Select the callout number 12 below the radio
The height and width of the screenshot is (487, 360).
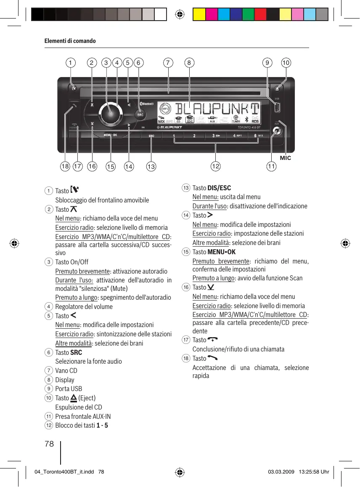[x=215, y=167]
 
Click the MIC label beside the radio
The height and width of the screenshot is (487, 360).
[x=286, y=158]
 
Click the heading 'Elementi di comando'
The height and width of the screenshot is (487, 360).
[x=70, y=41]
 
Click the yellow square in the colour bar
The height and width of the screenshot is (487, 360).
[x=199, y=15]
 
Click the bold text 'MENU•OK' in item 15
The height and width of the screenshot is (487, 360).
[x=222, y=252]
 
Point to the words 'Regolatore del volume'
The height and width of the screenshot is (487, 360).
[x=84, y=306]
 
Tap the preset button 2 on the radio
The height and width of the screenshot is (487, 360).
[x=194, y=136]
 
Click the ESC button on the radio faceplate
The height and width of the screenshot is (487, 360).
[x=151, y=136]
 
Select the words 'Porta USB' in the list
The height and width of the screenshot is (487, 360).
[x=69, y=389]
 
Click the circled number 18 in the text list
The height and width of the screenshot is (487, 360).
[x=186, y=358]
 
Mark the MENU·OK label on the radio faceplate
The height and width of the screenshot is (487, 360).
[x=111, y=135]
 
